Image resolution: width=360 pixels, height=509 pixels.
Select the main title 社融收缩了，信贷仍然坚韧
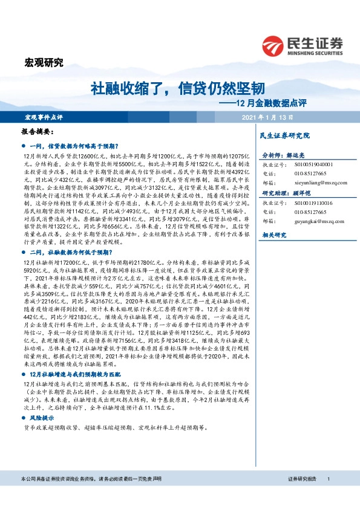tap(177, 89)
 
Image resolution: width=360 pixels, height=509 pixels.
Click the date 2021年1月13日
tap(266, 117)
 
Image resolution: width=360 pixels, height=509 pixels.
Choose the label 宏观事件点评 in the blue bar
tap(43, 117)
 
